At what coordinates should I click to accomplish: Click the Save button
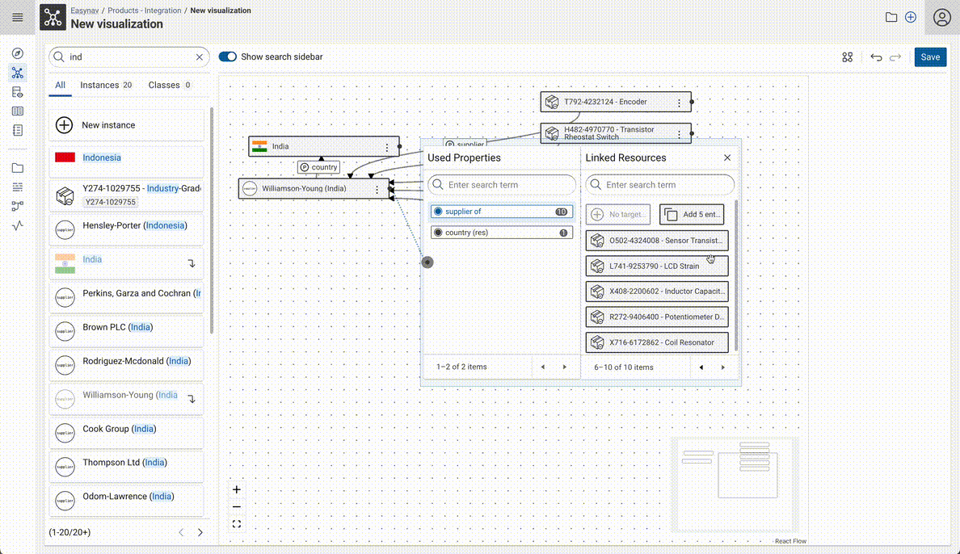click(930, 57)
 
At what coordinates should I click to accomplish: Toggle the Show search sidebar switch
click(228, 57)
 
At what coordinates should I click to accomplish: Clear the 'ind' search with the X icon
click(200, 57)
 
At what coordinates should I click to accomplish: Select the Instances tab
click(106, 85)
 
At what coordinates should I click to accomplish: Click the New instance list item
click(126, 125)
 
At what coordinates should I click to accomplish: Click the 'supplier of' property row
click(500, 212)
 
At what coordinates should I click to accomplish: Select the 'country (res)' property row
click(500, 233)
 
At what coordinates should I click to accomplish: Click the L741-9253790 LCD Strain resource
click(656, 266)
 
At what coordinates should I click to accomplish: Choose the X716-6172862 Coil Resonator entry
click(656, 342)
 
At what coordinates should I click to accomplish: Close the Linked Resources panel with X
click(727, 158)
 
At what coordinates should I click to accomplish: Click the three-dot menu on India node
click(388, 147)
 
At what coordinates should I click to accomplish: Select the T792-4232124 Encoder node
click(606, 103)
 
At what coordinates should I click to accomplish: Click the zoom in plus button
click(237, 489)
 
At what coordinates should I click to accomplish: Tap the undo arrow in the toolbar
click(876, 57)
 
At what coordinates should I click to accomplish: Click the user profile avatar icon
click(941, 18)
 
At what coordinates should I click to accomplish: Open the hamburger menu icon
click(18, 18)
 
